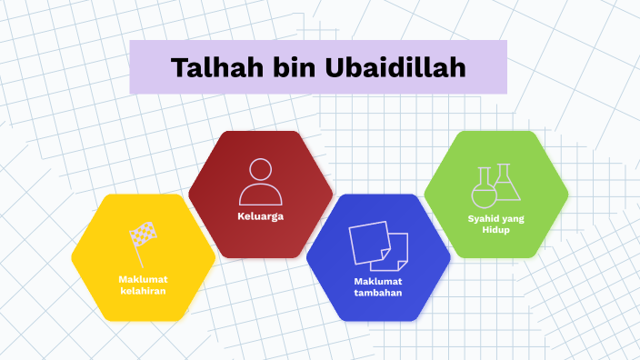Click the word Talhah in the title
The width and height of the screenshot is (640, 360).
click(203, 67)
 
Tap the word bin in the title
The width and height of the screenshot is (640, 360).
click(274, 67)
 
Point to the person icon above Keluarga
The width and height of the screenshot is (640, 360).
click(261, 182)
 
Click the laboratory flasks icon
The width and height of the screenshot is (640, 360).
click(495, 185)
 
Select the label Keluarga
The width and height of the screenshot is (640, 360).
click(261, 217)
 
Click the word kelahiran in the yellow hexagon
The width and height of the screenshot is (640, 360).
click(144, 291)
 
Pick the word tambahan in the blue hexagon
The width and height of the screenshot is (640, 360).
click(378, 293)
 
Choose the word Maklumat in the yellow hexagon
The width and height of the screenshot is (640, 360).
click(144, 278)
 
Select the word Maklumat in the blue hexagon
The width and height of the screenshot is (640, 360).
click(378, 280)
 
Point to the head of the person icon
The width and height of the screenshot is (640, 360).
click(261, 170)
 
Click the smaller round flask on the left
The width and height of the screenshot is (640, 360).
click(483, 190)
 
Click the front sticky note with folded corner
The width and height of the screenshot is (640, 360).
click(396, 250)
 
